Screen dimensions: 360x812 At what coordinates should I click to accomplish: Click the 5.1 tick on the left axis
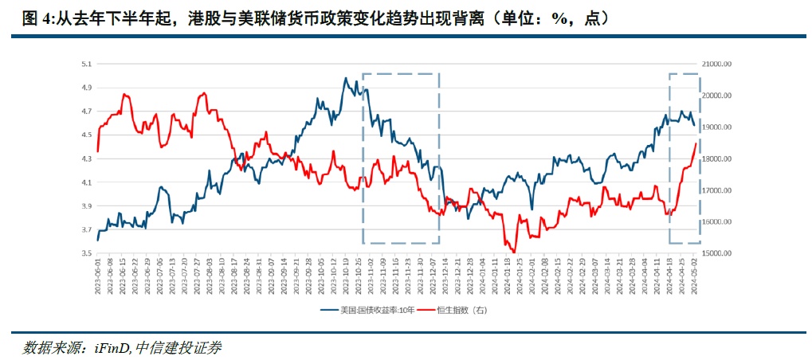[x=87, y=63]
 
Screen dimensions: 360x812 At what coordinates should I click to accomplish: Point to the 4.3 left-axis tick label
[x=87, y=158]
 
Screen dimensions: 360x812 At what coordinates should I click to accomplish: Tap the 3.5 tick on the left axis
[x=87, y=253]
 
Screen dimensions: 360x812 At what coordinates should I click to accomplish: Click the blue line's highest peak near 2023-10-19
[x=345, y=77]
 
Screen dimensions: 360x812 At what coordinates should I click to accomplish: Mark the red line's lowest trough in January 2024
[x=514, y=252]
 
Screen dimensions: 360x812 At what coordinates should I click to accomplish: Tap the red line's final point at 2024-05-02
[x=696, y=143]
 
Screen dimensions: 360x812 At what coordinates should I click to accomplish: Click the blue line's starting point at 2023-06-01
[x=97, y=240]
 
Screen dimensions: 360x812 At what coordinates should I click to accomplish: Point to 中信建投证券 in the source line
[x=179, y=348]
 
